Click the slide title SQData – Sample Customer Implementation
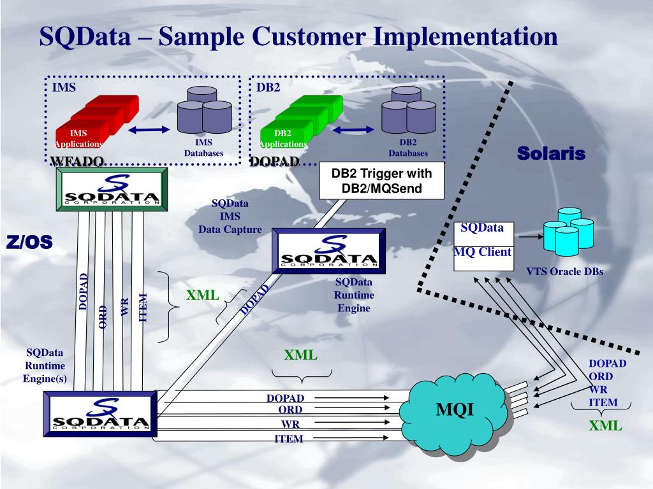coord(298,36)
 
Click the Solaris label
coord(551,153)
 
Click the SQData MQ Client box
coord(483,244)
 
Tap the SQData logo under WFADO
coord(112,189)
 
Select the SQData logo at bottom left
coord(100,415)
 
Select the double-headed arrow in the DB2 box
coord(353,129)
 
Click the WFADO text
coord(77,162)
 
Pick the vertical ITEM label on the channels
coord(143,307)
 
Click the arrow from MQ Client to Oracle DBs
coord(529,236)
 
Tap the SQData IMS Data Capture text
coord(230,216)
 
